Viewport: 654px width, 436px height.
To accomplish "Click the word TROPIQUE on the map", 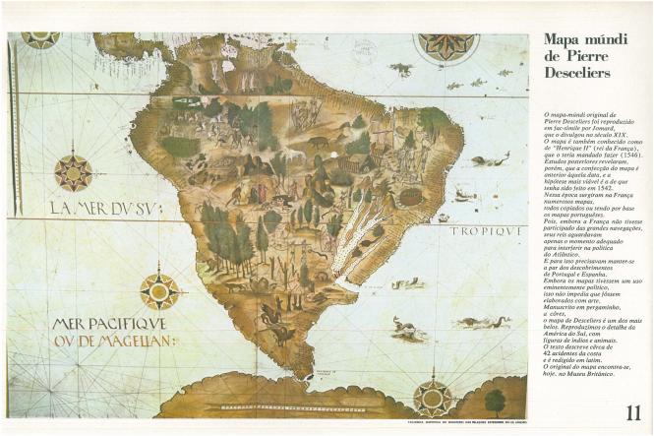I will coord(488,232).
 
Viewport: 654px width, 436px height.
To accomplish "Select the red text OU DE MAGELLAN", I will coord(116,342).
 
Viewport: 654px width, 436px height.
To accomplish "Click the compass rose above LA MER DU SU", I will coord(74,171).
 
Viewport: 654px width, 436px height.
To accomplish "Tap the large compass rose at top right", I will coord(446,45).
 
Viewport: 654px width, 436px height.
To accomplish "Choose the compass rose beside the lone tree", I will coord(432,398).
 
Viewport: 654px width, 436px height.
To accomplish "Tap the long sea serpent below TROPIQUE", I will coord(483,322).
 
